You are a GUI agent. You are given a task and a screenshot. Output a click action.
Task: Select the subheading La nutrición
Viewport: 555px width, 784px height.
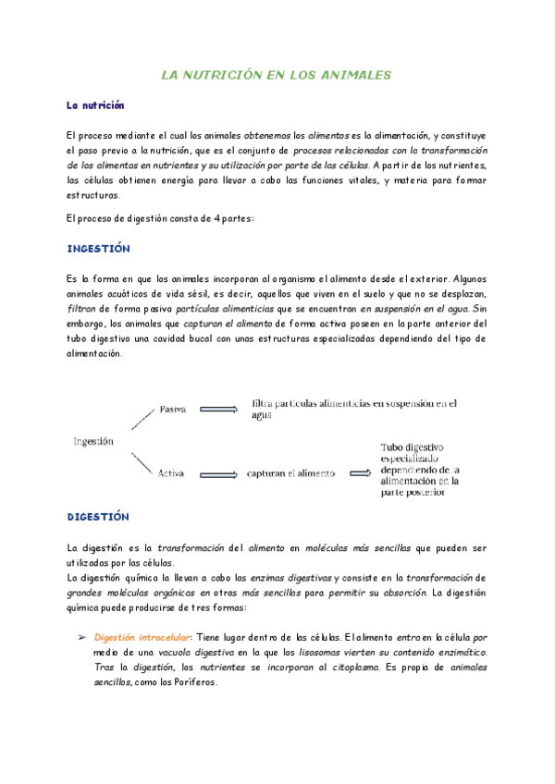tap(95, 106)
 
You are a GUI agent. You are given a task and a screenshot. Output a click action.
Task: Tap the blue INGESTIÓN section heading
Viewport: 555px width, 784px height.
tap(98, 250)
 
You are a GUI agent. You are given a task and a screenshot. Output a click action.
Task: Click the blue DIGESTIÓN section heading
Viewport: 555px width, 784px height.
tap(98, 517)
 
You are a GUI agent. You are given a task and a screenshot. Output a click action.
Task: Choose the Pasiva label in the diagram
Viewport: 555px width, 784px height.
tap(174, 409)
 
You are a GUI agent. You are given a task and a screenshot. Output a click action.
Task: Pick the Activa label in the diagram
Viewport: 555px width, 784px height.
tap(171, 473)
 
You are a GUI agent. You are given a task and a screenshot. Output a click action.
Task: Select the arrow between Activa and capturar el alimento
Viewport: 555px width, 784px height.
tap(217, 473)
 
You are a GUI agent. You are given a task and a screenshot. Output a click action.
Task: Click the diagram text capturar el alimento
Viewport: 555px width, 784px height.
tap(288, 473)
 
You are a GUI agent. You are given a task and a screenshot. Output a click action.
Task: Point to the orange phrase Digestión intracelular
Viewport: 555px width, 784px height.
tap(142, 637)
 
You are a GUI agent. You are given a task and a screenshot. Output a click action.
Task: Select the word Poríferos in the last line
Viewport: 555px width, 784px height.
tap(192, 682)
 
